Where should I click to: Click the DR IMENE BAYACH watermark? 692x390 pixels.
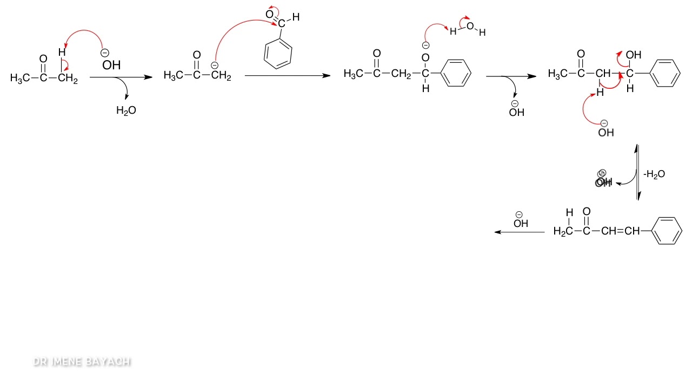pyautogui.click(x=82, y=362)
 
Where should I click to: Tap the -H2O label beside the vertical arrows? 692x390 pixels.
pyautogui.click(x=654, y=174)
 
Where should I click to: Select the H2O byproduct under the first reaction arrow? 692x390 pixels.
pyautogui.click(x=126, y=110)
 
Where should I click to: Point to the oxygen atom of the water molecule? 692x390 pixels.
pyautogui.click(x=469, y=25)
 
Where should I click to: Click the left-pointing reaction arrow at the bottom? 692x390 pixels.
pyautogui.click(x=520, y=232)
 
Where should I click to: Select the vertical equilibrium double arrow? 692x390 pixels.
pyautogui.click(x=638, y=172)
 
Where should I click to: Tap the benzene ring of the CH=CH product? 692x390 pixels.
pyautogui.click(x=667, y=231)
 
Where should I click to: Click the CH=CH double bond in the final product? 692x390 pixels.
pyautogui.click(x=624, y=231)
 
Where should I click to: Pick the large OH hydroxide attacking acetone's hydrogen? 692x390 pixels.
pyautogui.click(x=111, y=65)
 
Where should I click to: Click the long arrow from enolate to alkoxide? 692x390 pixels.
pyautogui.click(x=287, y=76)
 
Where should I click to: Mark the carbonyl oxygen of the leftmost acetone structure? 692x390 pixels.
pyautogui.click(x=43, y=58)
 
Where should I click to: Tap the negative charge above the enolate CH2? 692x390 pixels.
pyautogui.click(x=215, y=66)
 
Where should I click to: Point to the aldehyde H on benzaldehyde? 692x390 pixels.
pyautogui.click(x=296, y=18)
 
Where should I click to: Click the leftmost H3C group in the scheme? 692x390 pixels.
pyautogui.click(x=20, y=79)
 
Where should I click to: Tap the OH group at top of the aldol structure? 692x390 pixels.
pyautogui.click(x=633, y=55)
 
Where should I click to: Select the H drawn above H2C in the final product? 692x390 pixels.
pyautogui.click(x=569, y=213)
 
